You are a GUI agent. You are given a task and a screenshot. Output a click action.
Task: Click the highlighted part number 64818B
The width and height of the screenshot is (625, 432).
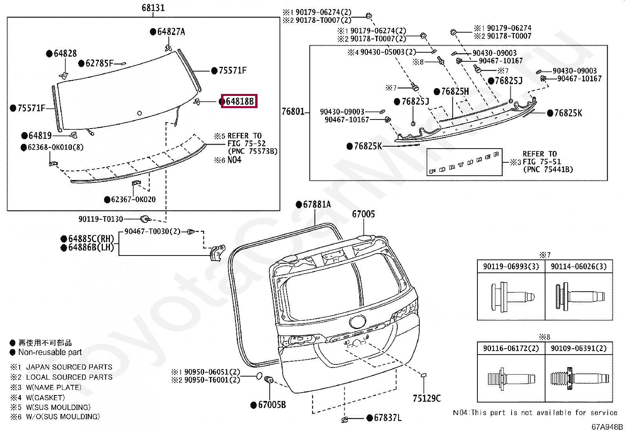[239, 101]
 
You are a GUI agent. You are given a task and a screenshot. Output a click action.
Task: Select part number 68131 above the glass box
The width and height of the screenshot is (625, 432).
[153, 8]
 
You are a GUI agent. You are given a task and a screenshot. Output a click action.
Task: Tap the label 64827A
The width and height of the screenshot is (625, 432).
[171, 32]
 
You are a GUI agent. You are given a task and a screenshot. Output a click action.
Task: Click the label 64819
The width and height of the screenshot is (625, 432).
[40, 136]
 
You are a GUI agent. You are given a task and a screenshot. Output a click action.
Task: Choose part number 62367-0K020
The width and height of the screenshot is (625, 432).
[133, 200]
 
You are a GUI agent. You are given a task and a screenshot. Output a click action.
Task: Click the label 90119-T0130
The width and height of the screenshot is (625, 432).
[101, 219]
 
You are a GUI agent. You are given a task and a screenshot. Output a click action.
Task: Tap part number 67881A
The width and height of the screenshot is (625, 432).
[316, 204]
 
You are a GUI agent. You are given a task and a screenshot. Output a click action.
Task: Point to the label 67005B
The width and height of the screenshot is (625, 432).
[272, 404]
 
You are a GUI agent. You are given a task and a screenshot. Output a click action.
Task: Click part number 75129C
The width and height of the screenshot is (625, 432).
[427, 399]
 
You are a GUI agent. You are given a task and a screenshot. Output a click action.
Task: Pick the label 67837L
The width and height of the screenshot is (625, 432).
[387, 418]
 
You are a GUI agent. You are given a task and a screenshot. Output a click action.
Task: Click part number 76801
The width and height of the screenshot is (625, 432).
[293, 112]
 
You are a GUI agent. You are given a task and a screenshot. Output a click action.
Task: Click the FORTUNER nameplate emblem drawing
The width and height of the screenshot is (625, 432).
[464, 162]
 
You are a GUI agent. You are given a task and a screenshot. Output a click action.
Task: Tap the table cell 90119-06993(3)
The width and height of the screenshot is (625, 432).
[511, 267]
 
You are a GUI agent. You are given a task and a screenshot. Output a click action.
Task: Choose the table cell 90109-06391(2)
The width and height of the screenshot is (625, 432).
[578, 348]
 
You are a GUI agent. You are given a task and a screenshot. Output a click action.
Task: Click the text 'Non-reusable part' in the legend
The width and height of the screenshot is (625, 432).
[50, 353]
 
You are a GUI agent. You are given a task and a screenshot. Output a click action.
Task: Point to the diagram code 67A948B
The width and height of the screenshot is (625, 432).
[607, 427]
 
